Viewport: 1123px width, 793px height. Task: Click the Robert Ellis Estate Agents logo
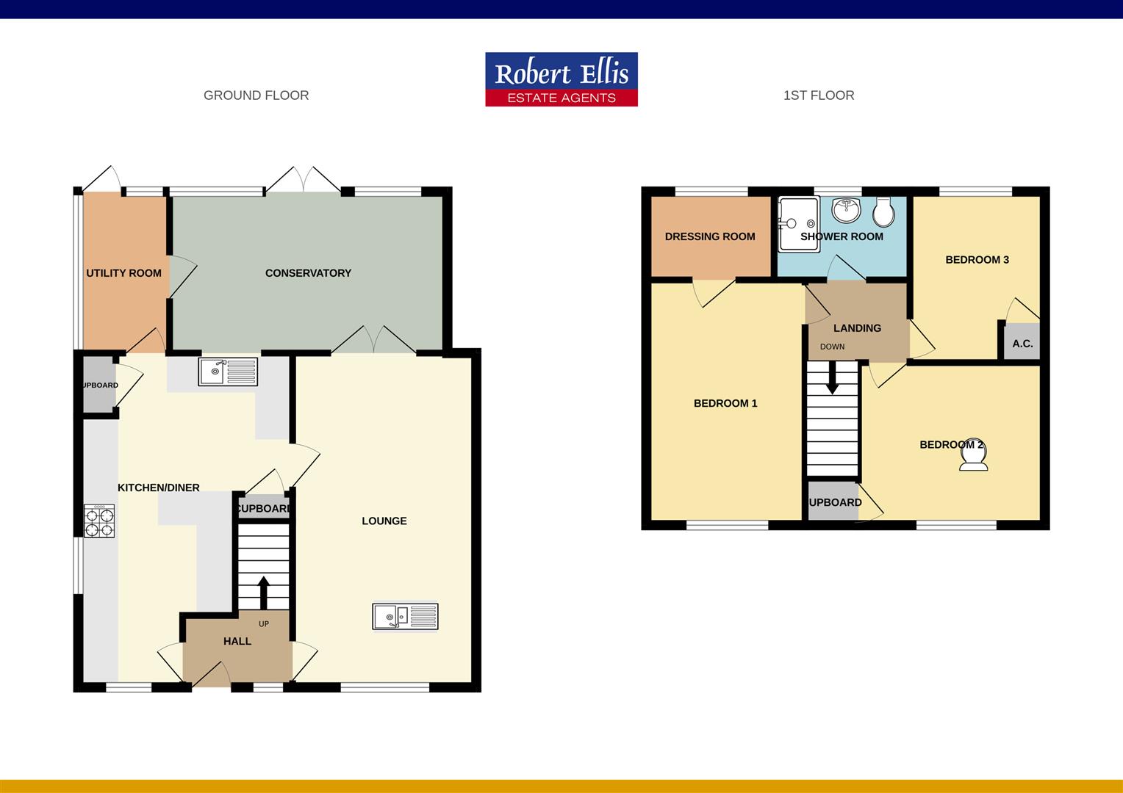[x=561, y=79]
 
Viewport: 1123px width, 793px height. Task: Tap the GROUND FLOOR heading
[x=256, y=95]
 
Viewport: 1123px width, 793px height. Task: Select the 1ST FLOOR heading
[x=819, y=95]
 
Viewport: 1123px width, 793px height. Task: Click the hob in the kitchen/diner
[x=99, y=521]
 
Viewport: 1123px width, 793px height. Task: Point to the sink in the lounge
[x=405, y=616]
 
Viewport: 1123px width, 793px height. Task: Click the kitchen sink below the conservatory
[x=228, y=372]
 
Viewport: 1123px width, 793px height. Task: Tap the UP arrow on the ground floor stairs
[x=263, y=591]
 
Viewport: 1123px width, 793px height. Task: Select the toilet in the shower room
[x=884, y=212]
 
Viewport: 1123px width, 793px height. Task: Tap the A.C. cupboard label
[x=1022, y=344]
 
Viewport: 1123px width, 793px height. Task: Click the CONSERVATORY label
[x=308, y=273]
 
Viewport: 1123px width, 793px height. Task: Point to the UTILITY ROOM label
[x=123, y=273]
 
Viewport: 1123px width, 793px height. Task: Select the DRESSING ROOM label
[x=710, y=236]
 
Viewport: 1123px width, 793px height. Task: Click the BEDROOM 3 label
[x=977, y=260]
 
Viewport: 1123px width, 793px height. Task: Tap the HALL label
[x=237, y=641]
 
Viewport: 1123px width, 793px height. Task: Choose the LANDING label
[x=857, y=328]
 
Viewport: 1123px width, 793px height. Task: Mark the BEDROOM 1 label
[x=725, y=403]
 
